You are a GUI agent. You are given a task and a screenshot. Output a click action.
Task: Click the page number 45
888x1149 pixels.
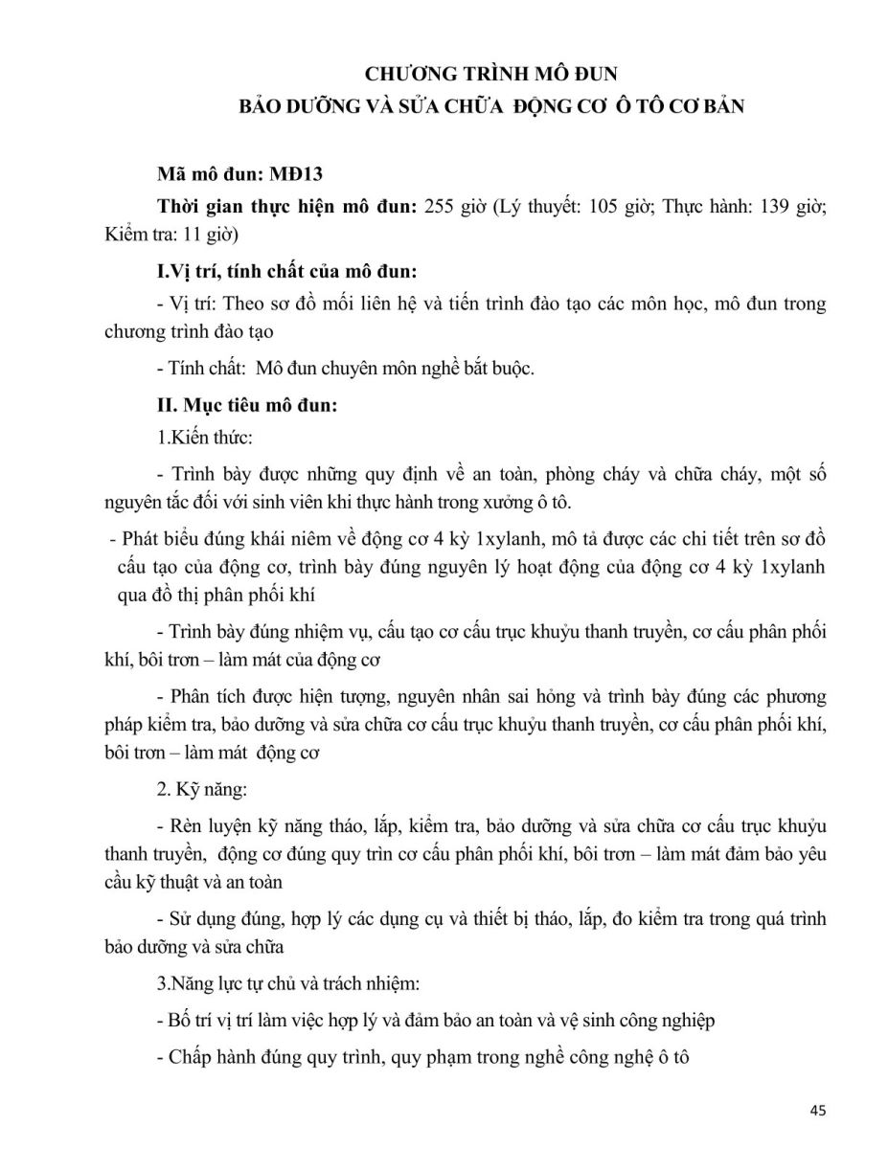click(x=817, y=1111)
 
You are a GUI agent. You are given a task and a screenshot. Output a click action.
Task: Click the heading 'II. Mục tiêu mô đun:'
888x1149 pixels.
click(x=247, y=405)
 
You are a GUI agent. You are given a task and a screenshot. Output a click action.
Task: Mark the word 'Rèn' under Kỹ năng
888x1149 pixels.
click(x=182, y=824)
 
